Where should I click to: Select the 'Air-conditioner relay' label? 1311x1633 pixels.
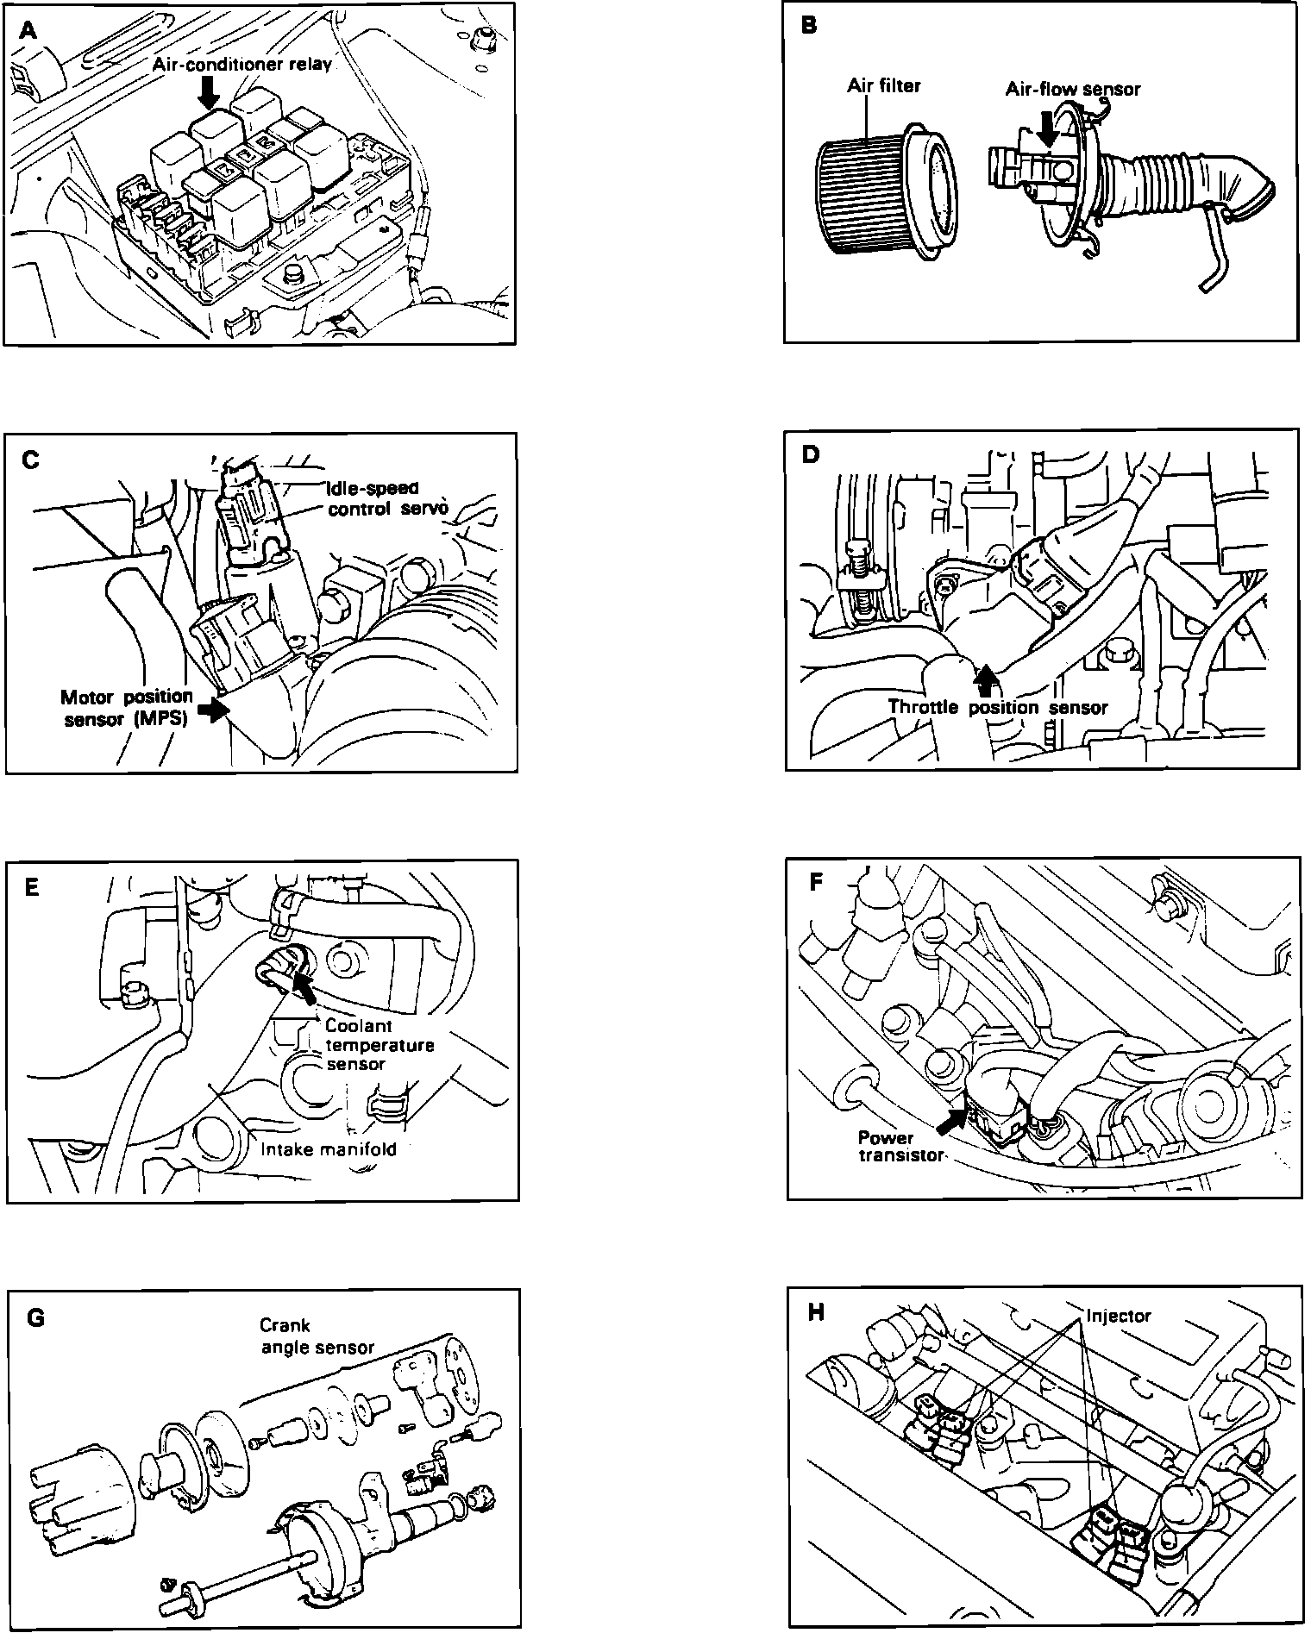point(242,65)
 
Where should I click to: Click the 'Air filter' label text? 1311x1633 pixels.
point(884,85)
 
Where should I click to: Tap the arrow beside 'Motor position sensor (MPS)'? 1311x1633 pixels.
point(210,708)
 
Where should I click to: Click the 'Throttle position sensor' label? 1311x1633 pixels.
point(998,708)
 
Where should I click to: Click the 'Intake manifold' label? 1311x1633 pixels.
point(329,1148)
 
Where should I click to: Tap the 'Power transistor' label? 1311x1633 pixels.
point(900,1146)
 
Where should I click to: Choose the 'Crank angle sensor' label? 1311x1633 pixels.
point(317,1336)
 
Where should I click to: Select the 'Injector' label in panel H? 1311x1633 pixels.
point(1119,1317)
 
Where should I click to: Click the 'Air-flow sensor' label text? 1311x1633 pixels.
point(1073,89)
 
